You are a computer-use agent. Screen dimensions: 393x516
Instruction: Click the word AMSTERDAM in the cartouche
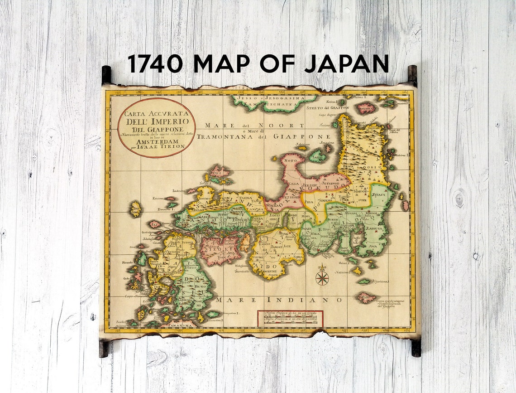(156, 141)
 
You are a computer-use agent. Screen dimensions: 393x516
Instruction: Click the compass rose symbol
(322, 276)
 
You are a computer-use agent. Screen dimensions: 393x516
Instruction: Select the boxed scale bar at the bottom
(290, 318)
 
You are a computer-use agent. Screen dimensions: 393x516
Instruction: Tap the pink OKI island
(220, 172)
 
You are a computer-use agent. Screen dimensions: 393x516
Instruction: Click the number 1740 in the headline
(155, 63)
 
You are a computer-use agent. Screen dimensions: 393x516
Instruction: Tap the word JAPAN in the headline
(346, 63)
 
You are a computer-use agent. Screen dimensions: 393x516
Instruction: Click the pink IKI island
(154, 224)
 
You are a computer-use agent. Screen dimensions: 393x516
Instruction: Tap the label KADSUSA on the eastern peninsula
(375, 229)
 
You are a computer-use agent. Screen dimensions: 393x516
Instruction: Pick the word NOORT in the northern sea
(289, 125)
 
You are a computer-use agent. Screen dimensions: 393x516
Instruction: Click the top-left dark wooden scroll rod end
(106, 74)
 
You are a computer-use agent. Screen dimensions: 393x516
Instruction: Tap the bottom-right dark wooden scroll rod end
(416, 348)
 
